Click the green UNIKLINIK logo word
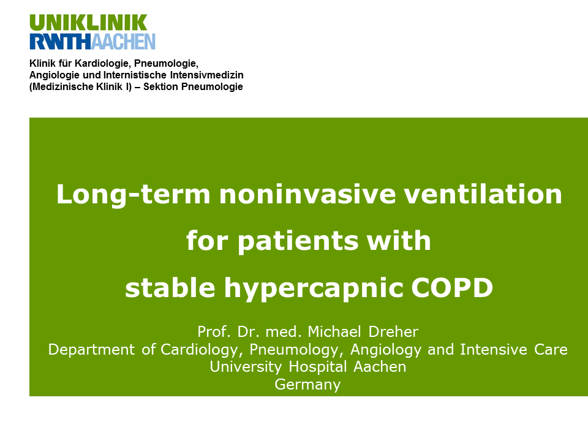coord(88,23)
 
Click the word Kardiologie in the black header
coord(102,63)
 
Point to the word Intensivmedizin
coord(206,75)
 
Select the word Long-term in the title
coord(133,195)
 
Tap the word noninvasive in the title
coord(307,194)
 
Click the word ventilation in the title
coord(483,194)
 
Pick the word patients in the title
coord(298,241)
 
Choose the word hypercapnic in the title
coord(314,288)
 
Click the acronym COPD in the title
coord(452,288)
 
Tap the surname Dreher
coord(393,331)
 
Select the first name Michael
coord(334,331)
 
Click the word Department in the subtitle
coord(91,350)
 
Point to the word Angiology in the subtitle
coord(386,350)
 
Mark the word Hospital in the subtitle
coord(318,367)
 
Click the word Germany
coord(307,385)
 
